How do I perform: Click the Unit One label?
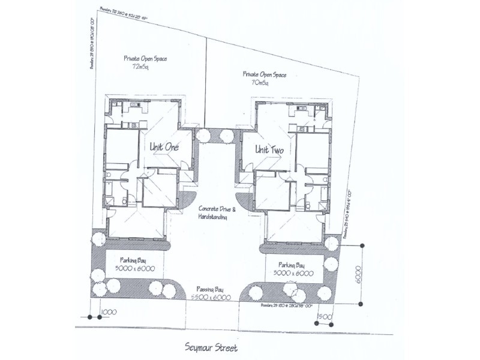(158, 146)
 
